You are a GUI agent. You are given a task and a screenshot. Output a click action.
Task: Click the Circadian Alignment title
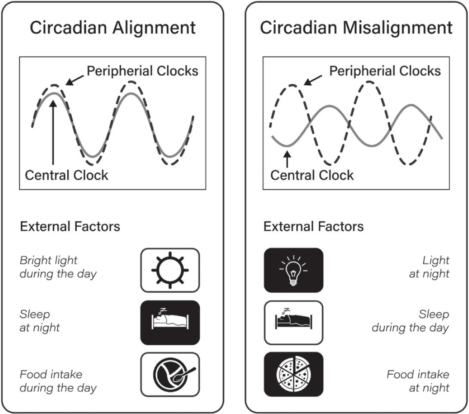click(x=112, y=28)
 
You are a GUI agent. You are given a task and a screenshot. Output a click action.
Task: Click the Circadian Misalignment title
click(x=356, y=28)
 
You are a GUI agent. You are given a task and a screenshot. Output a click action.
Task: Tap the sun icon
click(x=170, y=270)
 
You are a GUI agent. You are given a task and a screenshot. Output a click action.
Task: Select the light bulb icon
click(x=293, y=270)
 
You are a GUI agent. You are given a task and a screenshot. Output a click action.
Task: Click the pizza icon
click(x=293, y=374)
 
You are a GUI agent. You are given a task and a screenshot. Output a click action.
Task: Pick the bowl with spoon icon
click(x=170, y=374)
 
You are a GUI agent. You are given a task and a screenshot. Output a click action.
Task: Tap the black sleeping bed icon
click(x=170, y=322)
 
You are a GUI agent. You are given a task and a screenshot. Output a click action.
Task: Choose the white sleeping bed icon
click(x=293, y=322)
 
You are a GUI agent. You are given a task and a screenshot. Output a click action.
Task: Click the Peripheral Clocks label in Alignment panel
click(x=143, y=71)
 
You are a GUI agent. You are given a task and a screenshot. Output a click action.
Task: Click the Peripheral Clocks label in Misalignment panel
click(x=385, y=71)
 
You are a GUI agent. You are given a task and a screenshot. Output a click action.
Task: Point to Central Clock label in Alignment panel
click(x=67, y=175)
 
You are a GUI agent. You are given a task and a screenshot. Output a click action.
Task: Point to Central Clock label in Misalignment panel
click(x=312, y=175)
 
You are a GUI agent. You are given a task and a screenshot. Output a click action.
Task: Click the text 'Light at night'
click(x=429, y=267)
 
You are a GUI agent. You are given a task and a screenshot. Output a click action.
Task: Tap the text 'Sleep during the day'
click(x=410, y=321)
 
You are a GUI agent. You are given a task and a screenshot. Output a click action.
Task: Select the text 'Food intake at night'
click(x=417, y=381)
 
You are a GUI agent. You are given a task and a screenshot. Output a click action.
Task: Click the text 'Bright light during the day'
click(x=58, y=267)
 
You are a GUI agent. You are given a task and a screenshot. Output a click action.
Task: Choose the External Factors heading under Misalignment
click(x=313, y=226)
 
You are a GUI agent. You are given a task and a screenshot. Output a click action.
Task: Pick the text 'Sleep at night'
click(x=40, y=321)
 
